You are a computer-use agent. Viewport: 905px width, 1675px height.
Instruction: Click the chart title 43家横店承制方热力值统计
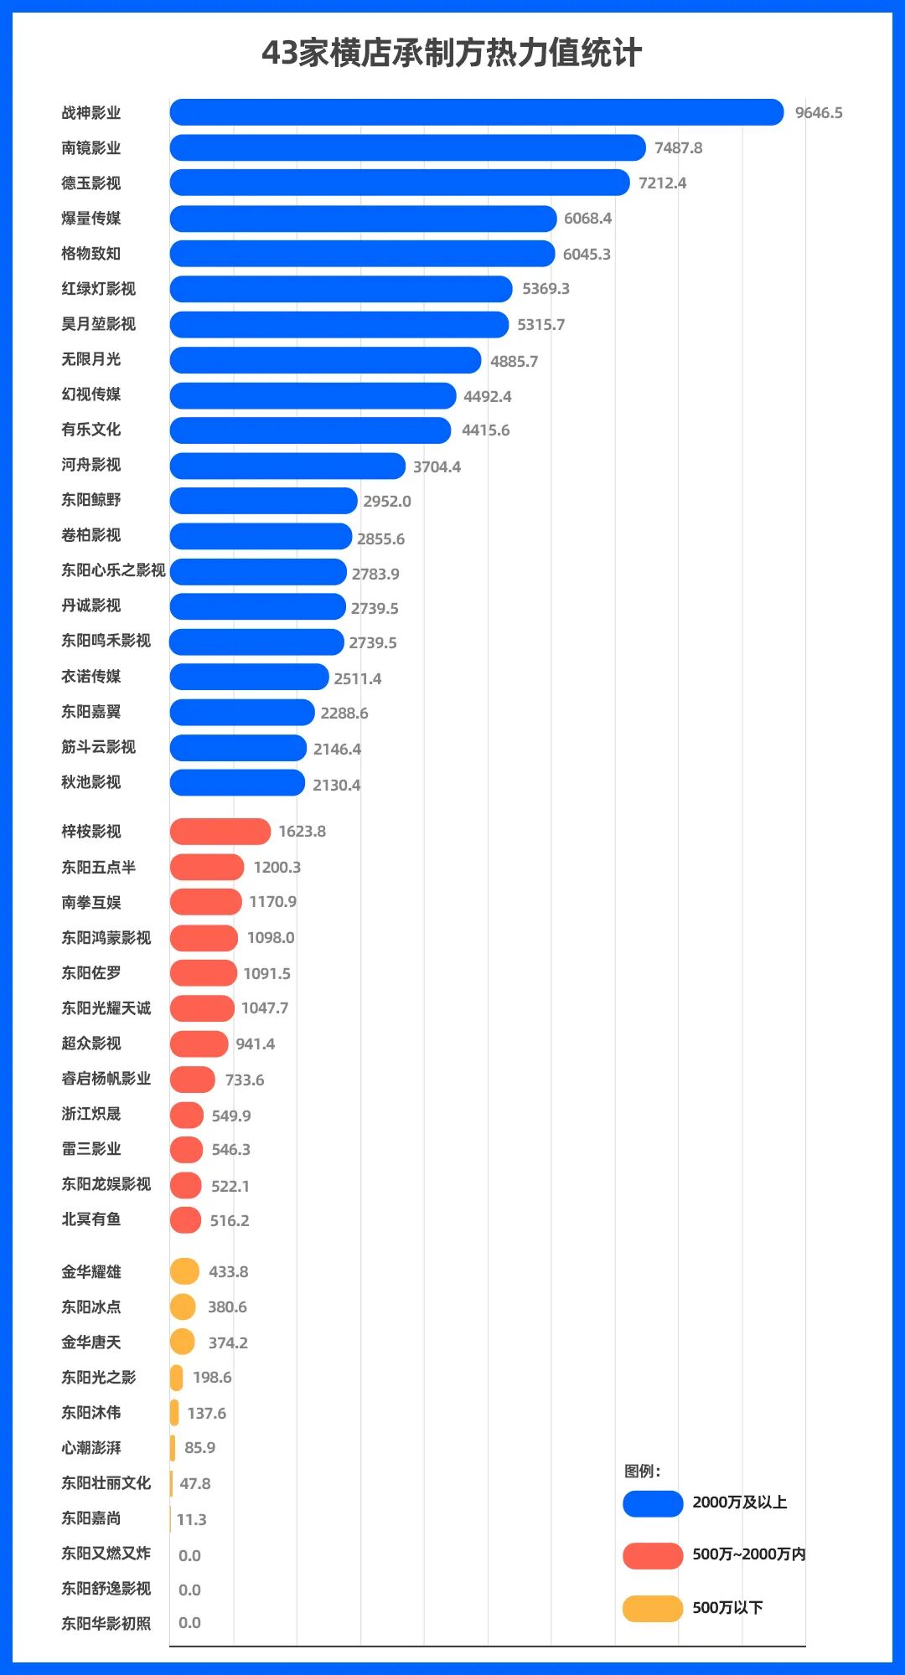click(x=452, y=53)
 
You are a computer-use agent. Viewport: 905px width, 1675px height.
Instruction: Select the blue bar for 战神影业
click(x=476, y=112)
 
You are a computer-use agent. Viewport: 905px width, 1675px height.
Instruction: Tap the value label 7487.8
click(x=678, y=148)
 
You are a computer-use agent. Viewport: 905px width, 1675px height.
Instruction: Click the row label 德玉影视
click(x=90, y=183)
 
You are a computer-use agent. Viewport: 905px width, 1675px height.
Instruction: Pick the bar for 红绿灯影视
click(x=341, y=289)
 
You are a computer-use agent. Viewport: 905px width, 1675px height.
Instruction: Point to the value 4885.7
click(x=514, y=361)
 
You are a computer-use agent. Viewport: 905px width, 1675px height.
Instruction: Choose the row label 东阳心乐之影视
click(x=113, y=570)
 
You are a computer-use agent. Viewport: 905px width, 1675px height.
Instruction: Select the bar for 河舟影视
click(x=287, y=466)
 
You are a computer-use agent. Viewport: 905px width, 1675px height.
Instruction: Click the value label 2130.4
click(x=336, y=785)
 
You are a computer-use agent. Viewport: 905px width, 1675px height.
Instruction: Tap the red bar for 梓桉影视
click(x=220, y=832)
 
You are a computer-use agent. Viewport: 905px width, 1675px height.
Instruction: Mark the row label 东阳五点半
click(x=98, y=868)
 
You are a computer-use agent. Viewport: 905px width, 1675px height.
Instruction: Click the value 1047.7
click(x=265, y=1008)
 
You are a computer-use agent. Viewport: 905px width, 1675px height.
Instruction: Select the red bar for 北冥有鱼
click(x=186, y=1220)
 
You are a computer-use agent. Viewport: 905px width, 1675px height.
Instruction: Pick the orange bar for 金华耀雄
click(x=184, y=1271)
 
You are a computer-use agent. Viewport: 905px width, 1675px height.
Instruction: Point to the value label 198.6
click(x=212, y=1378)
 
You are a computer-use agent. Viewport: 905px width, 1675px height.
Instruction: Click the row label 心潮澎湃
click(x=90, y=1448)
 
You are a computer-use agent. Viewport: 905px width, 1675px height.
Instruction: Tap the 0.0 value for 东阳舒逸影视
click(x=189, y=1590)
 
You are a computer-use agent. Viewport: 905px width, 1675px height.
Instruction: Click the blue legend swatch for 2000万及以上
click(x=653, y=1503)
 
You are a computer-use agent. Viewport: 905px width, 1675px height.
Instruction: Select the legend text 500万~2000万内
click(x=748, y=1554)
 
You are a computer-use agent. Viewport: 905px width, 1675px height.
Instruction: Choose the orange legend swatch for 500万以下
click(x=653, y=1609)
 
